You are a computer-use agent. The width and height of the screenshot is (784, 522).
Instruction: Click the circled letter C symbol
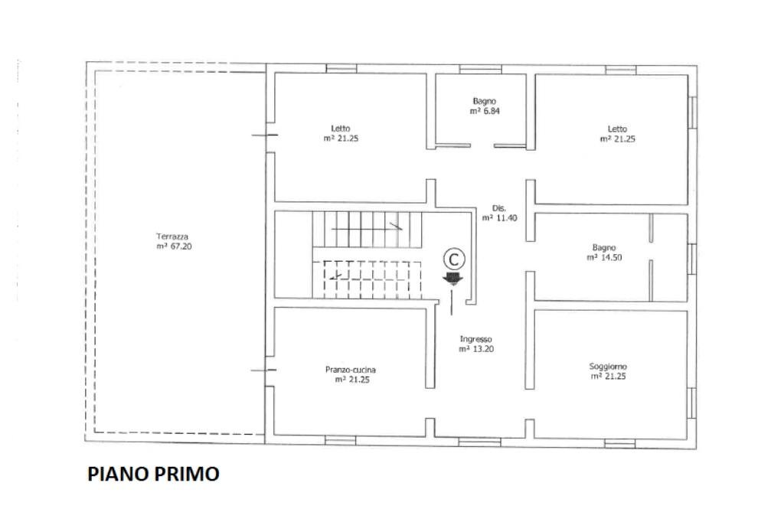coord(454,257)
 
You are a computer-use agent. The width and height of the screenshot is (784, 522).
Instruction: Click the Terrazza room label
coord(172,237)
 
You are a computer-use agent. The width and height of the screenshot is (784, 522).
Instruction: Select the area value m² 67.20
coord(173,246)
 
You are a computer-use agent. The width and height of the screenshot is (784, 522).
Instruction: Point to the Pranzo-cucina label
coord(351,370)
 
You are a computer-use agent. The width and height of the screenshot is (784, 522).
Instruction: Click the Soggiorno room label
coord(608,367)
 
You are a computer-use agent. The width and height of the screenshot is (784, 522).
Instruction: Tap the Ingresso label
coord(475,338)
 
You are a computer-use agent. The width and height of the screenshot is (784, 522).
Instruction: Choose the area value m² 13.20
coord(475,349)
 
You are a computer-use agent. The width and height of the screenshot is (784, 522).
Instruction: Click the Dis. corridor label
coord(499,207)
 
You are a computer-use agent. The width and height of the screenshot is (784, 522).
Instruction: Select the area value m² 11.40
coord(499,218)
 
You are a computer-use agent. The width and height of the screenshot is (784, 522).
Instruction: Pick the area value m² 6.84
coord(485,111)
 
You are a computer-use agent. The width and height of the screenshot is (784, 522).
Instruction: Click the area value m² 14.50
coord(603,258)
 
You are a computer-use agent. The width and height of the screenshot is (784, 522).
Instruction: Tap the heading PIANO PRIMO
coord(153,474)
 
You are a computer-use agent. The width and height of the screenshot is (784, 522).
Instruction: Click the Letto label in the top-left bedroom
coord(341,128)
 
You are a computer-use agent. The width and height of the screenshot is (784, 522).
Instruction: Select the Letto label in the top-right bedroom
coord(617,129)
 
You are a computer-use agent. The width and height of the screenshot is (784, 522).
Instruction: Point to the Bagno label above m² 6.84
coord(485,101)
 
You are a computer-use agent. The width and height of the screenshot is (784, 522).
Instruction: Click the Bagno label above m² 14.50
coord(603,247)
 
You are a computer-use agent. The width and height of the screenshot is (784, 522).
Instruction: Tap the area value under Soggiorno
coord(609,377)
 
